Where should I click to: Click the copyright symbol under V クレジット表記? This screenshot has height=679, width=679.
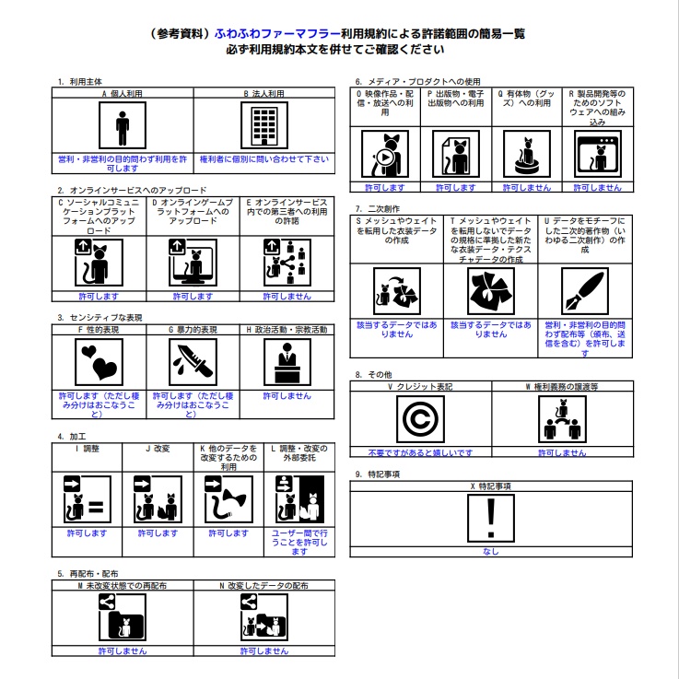click(x=420, y=420)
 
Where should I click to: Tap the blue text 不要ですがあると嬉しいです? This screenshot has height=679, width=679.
click(x=420, y=453)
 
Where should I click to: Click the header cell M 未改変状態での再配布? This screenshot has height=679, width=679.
click(x=123, y=584)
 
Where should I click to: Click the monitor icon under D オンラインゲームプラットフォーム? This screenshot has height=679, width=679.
click(x=193, y=263)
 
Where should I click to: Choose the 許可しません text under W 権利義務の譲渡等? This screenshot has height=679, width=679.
click(x=561, y=453)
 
